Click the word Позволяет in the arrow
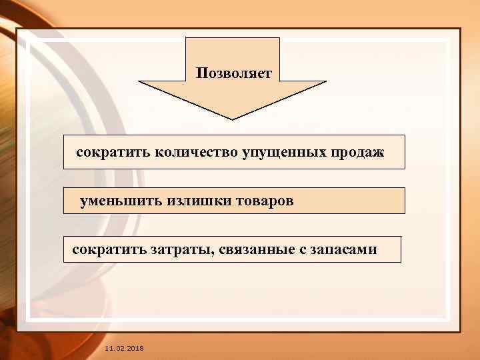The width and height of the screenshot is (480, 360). [x=234, y=73]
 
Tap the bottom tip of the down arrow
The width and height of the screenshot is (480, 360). [x=232, y=119]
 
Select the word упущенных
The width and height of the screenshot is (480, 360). [x=280, y=153]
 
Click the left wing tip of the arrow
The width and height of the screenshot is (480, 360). [x=139, y=82]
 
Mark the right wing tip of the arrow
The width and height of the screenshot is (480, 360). [x=325, y=82]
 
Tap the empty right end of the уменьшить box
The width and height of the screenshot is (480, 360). [x=360, y=200]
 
